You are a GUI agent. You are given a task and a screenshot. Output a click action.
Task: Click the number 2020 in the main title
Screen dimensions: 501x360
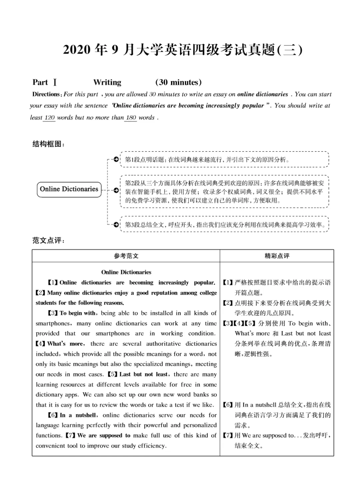pyautogui.click(x=77, y=50)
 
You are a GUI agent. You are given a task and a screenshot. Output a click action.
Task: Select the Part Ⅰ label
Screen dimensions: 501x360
pyautogui.click(x=45, y=82)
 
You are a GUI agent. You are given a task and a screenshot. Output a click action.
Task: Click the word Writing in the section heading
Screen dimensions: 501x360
pyautogui.click(x=107, y=82)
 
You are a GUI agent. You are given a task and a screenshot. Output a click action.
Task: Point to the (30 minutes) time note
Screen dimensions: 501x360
pyautogui.click(x=178, y=82)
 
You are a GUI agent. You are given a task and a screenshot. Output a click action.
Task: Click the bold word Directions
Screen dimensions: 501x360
pyautogui.click(x=46, y=94)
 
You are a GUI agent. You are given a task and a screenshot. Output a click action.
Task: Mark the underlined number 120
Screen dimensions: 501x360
pyautogui.click(x=49, y=118)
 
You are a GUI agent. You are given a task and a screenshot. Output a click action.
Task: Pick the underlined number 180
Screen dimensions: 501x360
pyautogui.click(x=131, y=118)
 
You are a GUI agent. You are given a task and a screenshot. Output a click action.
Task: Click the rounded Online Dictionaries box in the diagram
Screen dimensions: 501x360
pyautogui.click(x=69, y=189)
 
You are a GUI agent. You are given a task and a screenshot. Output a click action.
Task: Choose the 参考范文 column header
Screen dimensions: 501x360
pyautogui.click(x=126, y=256)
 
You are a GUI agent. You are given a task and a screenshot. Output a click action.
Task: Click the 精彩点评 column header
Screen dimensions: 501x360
pyautogui.click(x=277, y=256)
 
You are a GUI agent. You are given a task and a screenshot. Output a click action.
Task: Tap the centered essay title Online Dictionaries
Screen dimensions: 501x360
pyautogui.click(x=126, y=272)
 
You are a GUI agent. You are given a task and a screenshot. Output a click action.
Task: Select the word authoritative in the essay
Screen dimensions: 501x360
pyautogui.click(x=163, y=344)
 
